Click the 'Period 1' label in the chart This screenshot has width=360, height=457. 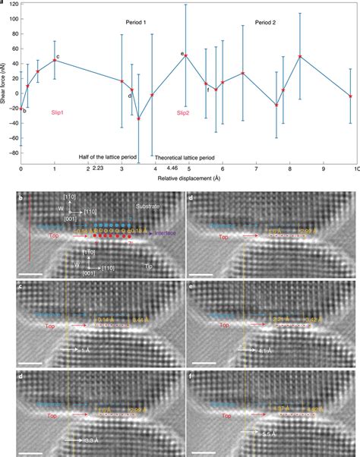[137, 24]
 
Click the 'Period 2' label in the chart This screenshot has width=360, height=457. [265, 24]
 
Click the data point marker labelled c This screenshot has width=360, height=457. [55, 60]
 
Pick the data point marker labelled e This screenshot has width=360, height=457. [187, 55]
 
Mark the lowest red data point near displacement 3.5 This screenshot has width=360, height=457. [138, 118]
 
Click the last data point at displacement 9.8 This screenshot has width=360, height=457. [350, 96]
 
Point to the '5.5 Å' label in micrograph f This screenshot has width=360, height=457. [262, 440]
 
